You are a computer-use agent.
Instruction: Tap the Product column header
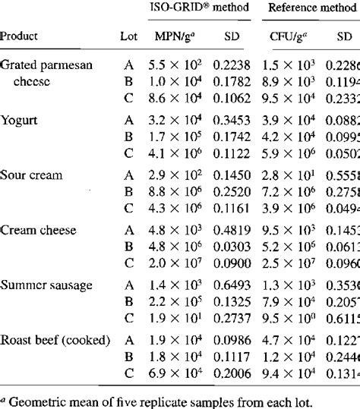click(21, 36)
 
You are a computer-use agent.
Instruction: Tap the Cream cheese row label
click(37, 230)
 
